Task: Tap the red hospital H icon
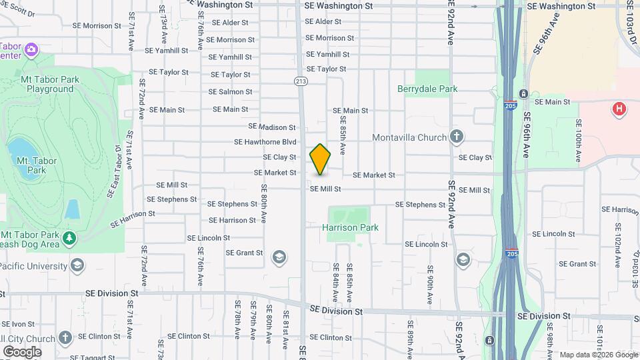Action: [x=619, y=109]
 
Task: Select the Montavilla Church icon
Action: [x=457, y=137]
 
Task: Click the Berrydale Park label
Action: [x=427, y=89]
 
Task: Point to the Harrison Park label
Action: [x=350, y=227]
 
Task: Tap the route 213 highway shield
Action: [x=301, y=81]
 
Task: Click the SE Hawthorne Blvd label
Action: [x=265, y=142]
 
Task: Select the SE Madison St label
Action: [x=271, y=127]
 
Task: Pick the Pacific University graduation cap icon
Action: [x=77, y=266]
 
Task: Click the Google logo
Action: [x=22, y=351]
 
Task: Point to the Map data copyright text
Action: [x=599, y=355]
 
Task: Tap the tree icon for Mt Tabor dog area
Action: [x=69, y=237]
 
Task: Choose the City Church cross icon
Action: [x=65, y=337]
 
